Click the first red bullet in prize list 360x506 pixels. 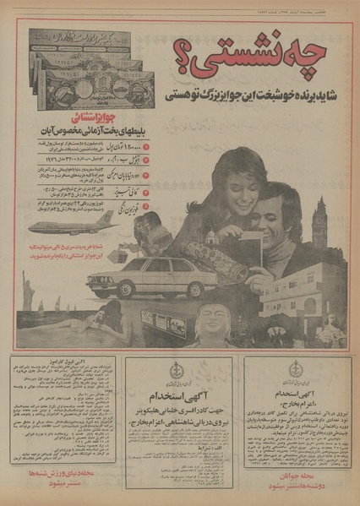click(145, 146)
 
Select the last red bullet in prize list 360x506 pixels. click(145, 205)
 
